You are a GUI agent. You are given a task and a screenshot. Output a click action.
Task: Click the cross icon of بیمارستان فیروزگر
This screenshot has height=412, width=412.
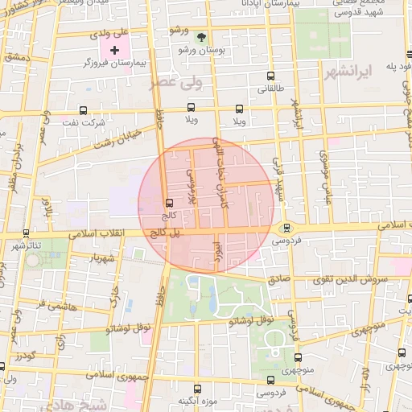pos(114,50)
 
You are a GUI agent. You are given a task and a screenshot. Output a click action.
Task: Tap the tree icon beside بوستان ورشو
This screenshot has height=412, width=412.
pos(202,36)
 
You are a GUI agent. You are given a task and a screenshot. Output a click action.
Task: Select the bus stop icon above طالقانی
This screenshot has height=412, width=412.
pos(269,78)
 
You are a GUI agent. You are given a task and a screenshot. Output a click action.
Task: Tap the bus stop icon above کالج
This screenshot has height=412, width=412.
pos(168,203)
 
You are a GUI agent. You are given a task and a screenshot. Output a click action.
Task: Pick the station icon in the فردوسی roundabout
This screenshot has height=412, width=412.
pos(286,228)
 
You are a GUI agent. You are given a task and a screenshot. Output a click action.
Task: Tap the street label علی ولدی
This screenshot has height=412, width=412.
pos(111,34)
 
